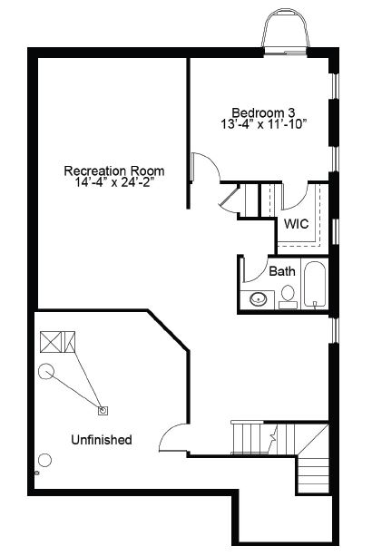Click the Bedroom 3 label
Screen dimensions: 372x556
pyautogui.click(x=263, y=112)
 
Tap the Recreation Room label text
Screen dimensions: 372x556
pyautogui.click(x=114, y=171)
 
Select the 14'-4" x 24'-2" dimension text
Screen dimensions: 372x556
pyautogui.click(x=115, y=182)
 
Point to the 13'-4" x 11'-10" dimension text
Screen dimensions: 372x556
pyautogui.click(x=263, y=124)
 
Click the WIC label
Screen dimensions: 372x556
pyautogui.click(x=296, y=224)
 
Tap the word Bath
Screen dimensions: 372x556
pyautogui.click(x=282, y=271)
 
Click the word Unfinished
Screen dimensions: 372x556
pyautogui.click(x=102, y=440)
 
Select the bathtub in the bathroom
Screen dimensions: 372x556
pyautogui.click(x=315, y=285)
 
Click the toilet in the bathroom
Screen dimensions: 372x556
pyautogui.click(x=288, y=298)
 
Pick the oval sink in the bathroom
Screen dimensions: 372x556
pyautogui.click(x=258, y=299)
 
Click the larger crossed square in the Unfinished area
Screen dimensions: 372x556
pyautogui.click(x=51, y=342)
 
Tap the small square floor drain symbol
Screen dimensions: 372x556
pyautogui.click(x=103, y=411)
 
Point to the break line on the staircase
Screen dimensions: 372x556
pyautogui.click(x=273, y=437)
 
